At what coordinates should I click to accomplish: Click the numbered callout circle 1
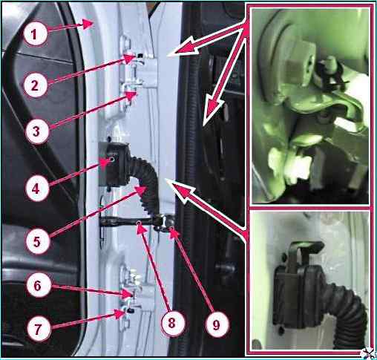[x=35, y=34]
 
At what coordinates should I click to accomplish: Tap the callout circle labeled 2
[x=35, y=85]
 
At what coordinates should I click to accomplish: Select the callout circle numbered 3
[x=36, y=131]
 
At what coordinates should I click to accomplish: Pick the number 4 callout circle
[x=36, y=189]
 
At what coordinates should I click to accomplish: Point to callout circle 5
[x=37, y=241]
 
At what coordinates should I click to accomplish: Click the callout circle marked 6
[x=38, y=286]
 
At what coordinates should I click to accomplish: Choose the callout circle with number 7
[x=38, y=329]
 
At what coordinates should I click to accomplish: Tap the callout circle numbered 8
[x=172, y=323]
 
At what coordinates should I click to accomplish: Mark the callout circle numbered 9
[x=217, y=324]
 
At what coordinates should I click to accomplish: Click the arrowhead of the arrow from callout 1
[x=88, y=24]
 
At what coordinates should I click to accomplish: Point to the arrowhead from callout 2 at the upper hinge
[x=131, y=59]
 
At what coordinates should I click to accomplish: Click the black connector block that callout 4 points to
[x=114, y=164]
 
